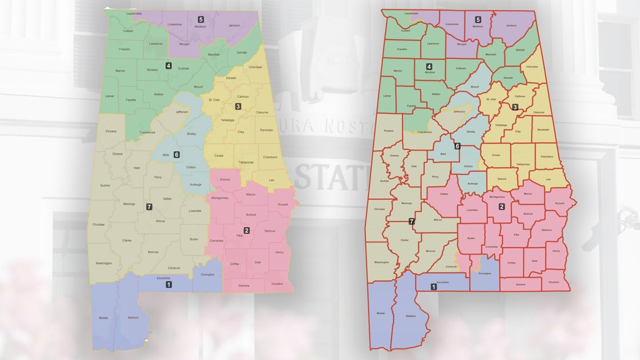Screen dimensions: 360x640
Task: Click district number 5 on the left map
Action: coord(201,19)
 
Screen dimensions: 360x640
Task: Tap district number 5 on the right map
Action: coord(478,19)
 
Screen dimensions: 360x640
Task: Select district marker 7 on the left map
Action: coord(148,207)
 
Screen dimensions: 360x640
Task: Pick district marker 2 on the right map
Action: coord(501,206)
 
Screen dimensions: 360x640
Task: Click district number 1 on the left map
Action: coord(169,285)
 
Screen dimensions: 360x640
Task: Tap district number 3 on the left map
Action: coord(238,106)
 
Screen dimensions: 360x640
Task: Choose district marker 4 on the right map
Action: coord(429,66)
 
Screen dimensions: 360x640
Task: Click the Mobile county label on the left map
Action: coord(103,318)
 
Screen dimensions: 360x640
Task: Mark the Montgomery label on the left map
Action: coord(220,198)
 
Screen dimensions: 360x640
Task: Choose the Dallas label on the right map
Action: coord(444,194)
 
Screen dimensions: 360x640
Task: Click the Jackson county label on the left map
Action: coord(234,25)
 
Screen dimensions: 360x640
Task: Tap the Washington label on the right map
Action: coord(382,262)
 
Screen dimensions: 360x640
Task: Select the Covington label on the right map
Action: coord(484,274)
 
